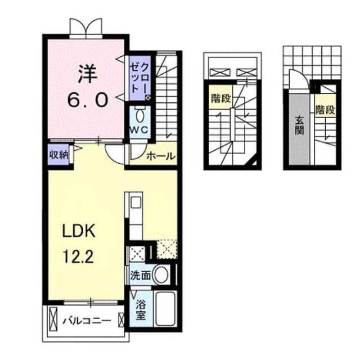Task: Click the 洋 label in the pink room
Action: (88, 74)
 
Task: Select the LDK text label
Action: (79, 231)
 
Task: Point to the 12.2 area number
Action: (79, 256)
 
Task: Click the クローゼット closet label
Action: (139, 78)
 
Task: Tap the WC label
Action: (139, 130)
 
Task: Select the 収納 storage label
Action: (59, 155)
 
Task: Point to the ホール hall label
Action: (160, 156)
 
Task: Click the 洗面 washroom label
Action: (140, 275)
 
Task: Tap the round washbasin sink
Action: (161, 274)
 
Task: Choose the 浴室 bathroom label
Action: (141, 310)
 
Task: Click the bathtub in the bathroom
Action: (165, 309)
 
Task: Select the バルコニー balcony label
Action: (87, 320)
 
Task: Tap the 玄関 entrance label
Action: (299, 125)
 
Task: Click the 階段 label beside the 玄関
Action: (325, 110)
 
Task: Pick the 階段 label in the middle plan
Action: (220, 99)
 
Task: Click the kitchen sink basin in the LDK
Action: (135, 202)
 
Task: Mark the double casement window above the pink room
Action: (86, 28)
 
